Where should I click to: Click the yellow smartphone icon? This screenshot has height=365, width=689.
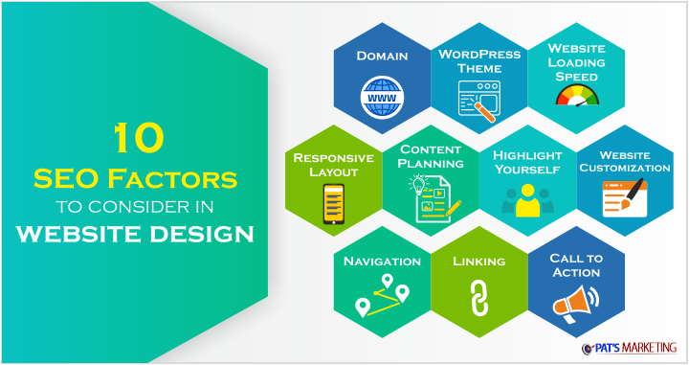click(x=333, y=203)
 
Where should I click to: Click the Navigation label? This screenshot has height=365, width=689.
click(x=382, y=261)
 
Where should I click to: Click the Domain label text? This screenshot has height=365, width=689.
click(x=382, y=56)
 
